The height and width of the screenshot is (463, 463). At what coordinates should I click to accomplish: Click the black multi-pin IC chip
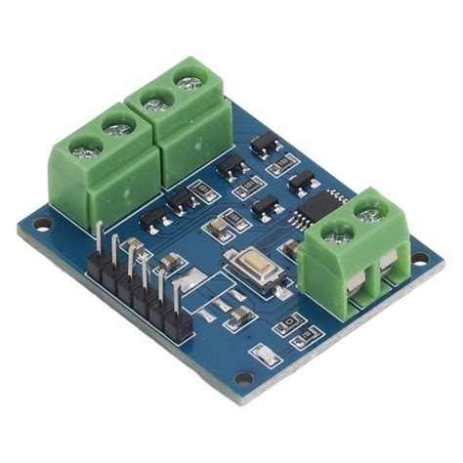pos(317,203)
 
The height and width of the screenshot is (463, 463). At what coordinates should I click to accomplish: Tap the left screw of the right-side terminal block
pos(338,232)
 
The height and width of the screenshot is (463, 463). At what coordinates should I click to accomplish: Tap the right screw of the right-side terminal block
pos(369,208)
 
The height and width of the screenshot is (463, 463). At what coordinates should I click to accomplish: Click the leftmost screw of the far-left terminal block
pos(87,150)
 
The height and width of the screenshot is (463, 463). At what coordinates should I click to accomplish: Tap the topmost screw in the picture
pos(183,75)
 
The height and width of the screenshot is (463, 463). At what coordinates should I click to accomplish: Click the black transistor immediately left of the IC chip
pos(266,206)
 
